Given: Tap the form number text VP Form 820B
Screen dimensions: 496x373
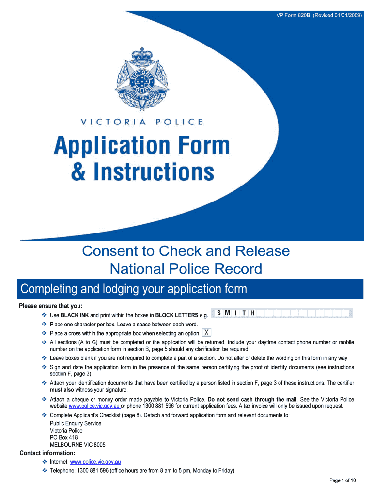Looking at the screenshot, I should tap(293, 15).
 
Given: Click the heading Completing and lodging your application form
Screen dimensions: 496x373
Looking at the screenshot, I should tap(134, 289).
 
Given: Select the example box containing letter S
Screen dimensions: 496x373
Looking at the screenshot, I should tap(220, 313).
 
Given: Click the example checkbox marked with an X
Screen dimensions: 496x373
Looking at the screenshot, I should tap(207, 333).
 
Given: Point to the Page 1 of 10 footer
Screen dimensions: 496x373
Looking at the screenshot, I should tap(342, 480).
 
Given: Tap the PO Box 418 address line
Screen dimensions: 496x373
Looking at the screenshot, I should tap(63, 437).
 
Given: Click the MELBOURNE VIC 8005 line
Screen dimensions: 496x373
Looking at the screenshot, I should tap(78, 445).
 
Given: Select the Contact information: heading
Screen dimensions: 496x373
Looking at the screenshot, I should tap(47, 453).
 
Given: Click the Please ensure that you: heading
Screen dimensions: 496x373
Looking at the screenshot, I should tap(50, 306).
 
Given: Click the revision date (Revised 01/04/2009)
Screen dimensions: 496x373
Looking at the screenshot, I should tap(338, 15).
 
